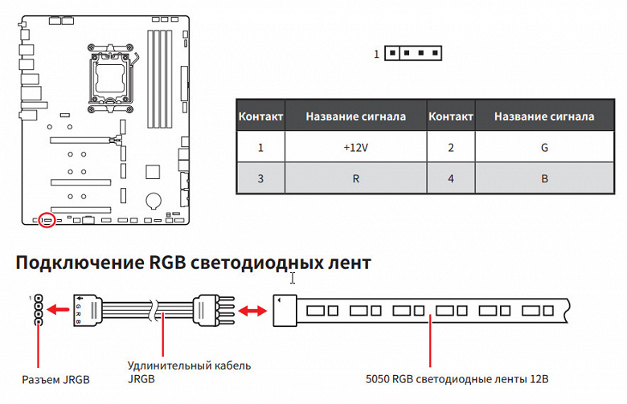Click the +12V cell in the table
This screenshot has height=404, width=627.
point(355,148)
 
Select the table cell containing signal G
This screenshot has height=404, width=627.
point(544,148)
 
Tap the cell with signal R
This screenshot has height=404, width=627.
point(355,178)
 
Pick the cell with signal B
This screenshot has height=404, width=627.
point(544,178)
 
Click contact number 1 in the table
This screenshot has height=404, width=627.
point(260,148)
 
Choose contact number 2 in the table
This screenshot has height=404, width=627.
point(451,148)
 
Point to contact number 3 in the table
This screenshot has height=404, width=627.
point(260,178)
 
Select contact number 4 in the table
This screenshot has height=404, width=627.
point(451,178)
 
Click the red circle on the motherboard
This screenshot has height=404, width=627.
point(47,218)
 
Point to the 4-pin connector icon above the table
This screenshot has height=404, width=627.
point(412,54)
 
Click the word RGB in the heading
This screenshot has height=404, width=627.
point(170,263)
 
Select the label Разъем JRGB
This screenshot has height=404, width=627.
point(55,378)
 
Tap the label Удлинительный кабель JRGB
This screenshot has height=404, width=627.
point(189,372)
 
